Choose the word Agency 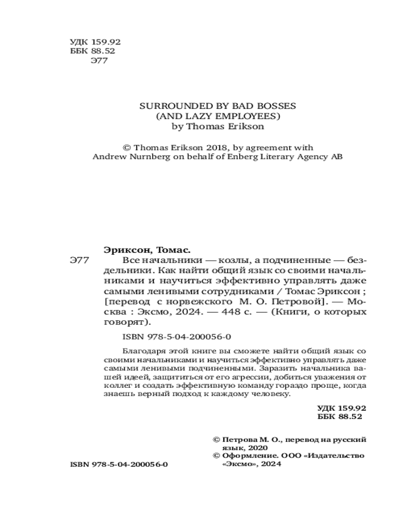305,157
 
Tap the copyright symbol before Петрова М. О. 215,439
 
